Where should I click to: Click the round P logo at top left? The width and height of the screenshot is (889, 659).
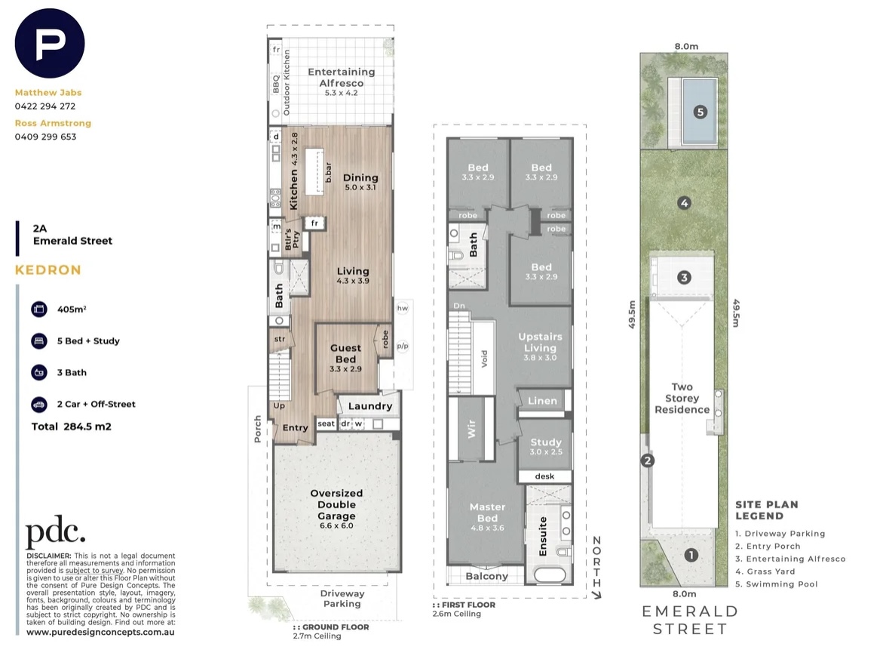pyautogui.click(x=50, y=43)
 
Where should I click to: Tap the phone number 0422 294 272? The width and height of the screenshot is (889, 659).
pyautogui.click(x=45, y=106)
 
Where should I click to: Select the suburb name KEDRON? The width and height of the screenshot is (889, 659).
pyautogui.click(x=48, y=270)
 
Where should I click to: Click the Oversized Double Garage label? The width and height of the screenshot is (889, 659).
pyautogui.click(x=337, y=504)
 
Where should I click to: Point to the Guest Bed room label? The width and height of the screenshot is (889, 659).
pyautogui.click(x=345, y=353)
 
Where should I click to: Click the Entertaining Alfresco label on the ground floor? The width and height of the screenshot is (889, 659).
pyautogui.click(x=342, y=77)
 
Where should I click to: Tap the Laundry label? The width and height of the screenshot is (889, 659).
pyautogui.click(x=370, y=406)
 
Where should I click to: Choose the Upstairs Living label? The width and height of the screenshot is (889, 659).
pyautogui.click(x=541, y=342)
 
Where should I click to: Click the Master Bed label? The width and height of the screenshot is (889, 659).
pyautogui.click(x=488, y=512)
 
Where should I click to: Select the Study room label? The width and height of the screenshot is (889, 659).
pyautogui.click(x=546, y=442)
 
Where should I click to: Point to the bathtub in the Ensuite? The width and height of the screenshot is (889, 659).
pyautogui.click(x=550, y=575)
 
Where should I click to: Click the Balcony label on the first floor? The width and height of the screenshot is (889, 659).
pyautogui.click(x=487, y=576)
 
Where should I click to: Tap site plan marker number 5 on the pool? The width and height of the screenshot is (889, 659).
pyautogui.click(x=700, y=112)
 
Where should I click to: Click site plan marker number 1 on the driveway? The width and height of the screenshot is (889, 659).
pyautogui.click(x=691, y=555)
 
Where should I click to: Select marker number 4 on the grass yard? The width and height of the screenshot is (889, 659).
pyautogui.click(x=685, y=202)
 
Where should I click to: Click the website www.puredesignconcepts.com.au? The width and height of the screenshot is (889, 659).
pyautogui.click(x=100, y=632)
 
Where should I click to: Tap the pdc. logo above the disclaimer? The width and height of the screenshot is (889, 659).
pyautogui.click(x=55, y=531)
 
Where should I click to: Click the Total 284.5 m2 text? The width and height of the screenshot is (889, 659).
pyautogui.click(x=72, y=427)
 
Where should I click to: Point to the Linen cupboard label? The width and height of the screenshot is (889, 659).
pyautogui.click(x=543, y=401)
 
